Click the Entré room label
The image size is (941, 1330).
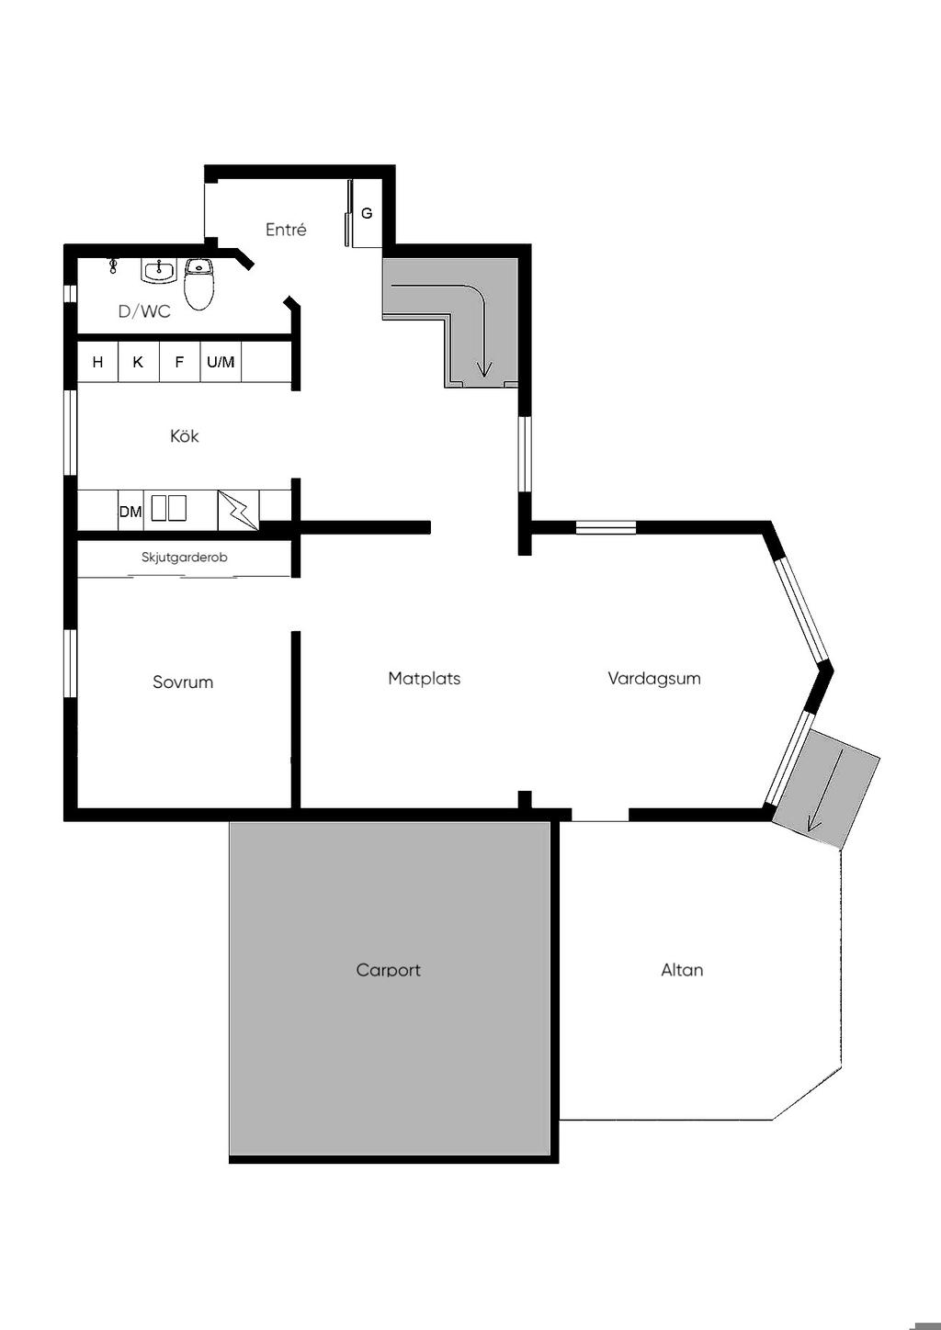coord(286,230)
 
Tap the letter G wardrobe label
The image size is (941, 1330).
coord(368,213)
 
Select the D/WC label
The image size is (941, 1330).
coord(144,311)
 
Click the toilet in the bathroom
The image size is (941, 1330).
coord(198,284)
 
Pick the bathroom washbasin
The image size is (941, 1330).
coord(159,271)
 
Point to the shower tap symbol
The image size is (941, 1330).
coord(113,265)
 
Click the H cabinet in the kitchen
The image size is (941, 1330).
coord(98,362)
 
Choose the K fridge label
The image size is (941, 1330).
coord(138,362)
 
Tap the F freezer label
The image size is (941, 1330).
coord(179,362)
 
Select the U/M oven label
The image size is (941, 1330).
coord(221,362)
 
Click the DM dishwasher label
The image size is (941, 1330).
coord(130,512)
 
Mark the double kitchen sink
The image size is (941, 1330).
coord(169,508)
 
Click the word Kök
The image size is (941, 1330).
coord(184,436)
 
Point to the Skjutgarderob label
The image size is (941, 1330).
coord(184,558)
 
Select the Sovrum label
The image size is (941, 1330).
coord(183,682)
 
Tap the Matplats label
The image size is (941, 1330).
coord(425,679)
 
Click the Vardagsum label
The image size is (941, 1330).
coord(654,679)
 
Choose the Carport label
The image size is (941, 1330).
coord(389,970)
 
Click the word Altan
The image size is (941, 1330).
coord(682,970)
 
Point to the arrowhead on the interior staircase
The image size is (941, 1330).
coord(485,371)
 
